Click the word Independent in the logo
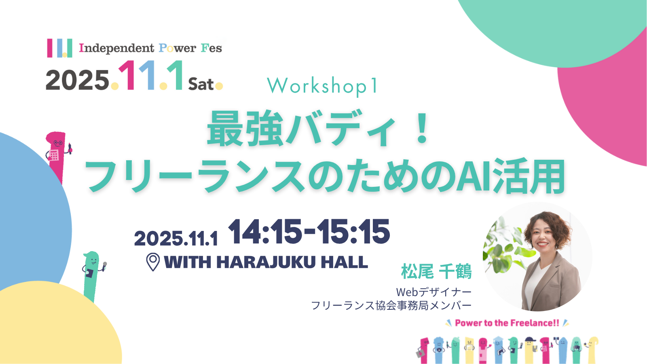click(117, 48)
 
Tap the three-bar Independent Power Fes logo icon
click(60, 48)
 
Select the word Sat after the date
click(201, 85)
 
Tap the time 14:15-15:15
click(309, 232)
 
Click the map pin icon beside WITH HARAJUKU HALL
click(153, 262)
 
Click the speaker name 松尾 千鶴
click(436, 271)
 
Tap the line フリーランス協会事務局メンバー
click(391, 305)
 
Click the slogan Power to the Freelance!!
click(507, 323)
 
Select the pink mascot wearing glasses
click(57, 156)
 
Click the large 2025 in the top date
click(77, 80)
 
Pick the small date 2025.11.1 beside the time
click(176, 239)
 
